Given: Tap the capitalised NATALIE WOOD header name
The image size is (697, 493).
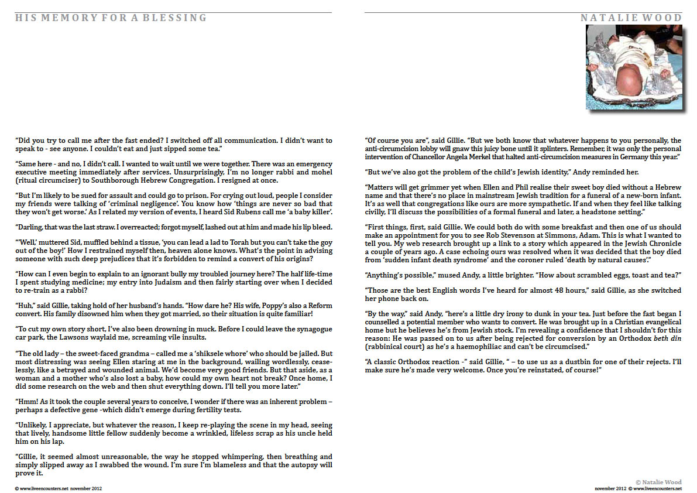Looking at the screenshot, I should (x=631, y=18).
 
